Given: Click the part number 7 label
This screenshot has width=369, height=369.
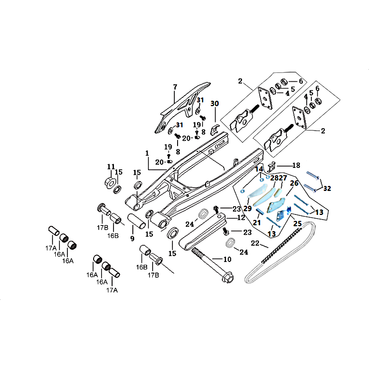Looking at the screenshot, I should point(175,87).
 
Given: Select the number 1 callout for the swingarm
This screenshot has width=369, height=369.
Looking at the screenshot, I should point(148,153).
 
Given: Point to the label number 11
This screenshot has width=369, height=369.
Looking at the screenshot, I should point(111,167).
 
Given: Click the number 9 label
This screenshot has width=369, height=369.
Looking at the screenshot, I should point(132,239).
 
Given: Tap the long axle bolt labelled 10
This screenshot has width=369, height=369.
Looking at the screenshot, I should point(212,266).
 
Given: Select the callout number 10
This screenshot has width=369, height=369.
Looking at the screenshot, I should point(227,260).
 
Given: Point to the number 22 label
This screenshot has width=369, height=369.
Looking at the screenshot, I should point(255,244).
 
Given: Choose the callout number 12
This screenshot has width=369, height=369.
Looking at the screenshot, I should point(242,217).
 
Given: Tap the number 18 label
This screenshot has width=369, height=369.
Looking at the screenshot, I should point(296,165).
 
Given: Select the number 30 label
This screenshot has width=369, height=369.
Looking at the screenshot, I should point(215,104).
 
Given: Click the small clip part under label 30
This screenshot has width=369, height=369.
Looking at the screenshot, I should point(215,127).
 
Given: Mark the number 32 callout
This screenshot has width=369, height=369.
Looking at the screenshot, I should point(327,188).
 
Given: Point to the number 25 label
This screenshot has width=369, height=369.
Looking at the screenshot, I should point(298,224).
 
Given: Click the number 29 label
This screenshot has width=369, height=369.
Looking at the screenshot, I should point(248,209).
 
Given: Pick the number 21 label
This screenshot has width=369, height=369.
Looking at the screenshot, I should point(257,223).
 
